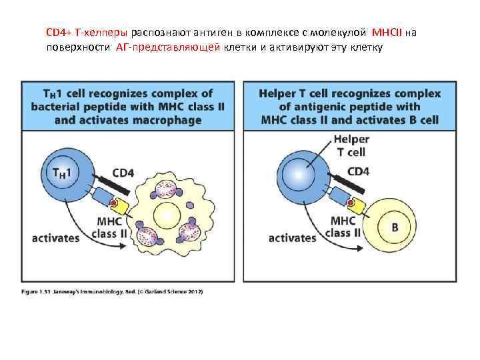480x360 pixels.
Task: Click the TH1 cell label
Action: [x=65, y=171]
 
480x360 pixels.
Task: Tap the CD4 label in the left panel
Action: [x=123, y=173]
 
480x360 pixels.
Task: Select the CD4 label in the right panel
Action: [x=359, y=171]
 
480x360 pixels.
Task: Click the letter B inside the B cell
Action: [x=394, y=227]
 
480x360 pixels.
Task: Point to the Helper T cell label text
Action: [x=351, y=146]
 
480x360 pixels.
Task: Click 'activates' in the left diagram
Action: [x=56, y=237]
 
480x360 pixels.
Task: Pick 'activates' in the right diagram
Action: [x=292, y=237]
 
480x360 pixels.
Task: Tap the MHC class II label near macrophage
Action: [x=111, y=227]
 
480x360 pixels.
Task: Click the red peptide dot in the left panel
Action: [x=115, y=203]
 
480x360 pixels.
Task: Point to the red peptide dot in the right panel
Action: [x=349, y=203]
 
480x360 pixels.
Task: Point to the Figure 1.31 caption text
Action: [x=111, y=291]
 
